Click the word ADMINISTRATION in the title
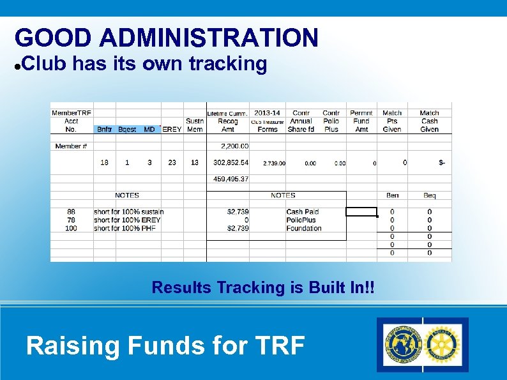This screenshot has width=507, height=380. [x=209, y=38]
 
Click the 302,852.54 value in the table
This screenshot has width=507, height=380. [x=231, y=163]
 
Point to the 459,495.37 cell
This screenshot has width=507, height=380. [x=231, y=179]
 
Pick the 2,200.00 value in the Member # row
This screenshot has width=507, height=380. [x=234, y=146]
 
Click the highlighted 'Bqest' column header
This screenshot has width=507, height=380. [x=127, y=129]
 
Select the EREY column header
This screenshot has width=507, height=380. [x=172, y=129]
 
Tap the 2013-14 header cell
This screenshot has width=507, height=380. [x=267, y=113]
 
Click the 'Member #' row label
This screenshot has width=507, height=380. [x=71, y=146]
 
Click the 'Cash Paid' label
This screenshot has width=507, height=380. [x=302, y=212]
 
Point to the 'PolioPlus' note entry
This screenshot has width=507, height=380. [x=301, y=220]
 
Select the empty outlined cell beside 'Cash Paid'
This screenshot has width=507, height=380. [x=361, y=212]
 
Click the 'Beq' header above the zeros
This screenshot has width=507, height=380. [x=430, y=195]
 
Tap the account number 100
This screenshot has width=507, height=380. [x=71, y=228]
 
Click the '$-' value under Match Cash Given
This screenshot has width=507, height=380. [x=442, y=163]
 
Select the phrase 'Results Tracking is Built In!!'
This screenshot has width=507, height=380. [x=262, y=288]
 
